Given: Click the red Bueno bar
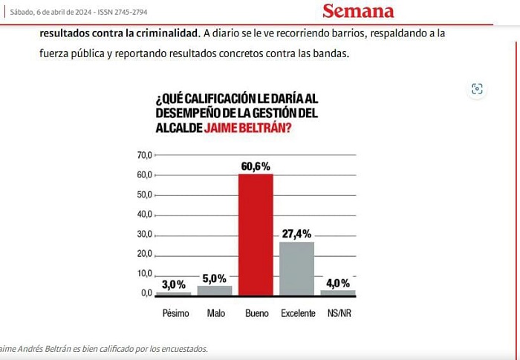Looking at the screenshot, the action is tap(256, 235).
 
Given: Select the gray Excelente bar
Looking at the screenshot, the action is tap(297, 269).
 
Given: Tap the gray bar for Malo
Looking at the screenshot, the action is tap(215, 290).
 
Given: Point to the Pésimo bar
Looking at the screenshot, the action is tap(173, 294).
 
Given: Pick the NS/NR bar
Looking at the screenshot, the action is tap(337, 293).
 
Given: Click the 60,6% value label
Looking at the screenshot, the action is tap(256, 166).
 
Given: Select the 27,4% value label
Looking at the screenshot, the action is tap(297, 234).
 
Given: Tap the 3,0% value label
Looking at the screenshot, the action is tap(173, 284).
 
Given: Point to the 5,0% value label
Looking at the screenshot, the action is tap(214, 278).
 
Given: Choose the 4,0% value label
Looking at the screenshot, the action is tap(338, 284).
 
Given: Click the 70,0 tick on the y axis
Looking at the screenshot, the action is tap(145, 155).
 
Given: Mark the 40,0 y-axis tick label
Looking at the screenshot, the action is tap(145, 214).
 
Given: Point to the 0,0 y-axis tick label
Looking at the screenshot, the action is tap(146, 293).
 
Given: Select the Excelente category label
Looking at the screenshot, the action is tap(298, 313).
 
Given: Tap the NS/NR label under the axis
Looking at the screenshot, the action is tap(339, 313).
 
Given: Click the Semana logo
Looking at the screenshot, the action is tap(358, 11).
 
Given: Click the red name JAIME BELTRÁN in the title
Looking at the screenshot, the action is tap(247, 128).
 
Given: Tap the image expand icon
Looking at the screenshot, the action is tap(477, 89).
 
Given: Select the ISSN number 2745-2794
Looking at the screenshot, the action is tap(131, 13).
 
